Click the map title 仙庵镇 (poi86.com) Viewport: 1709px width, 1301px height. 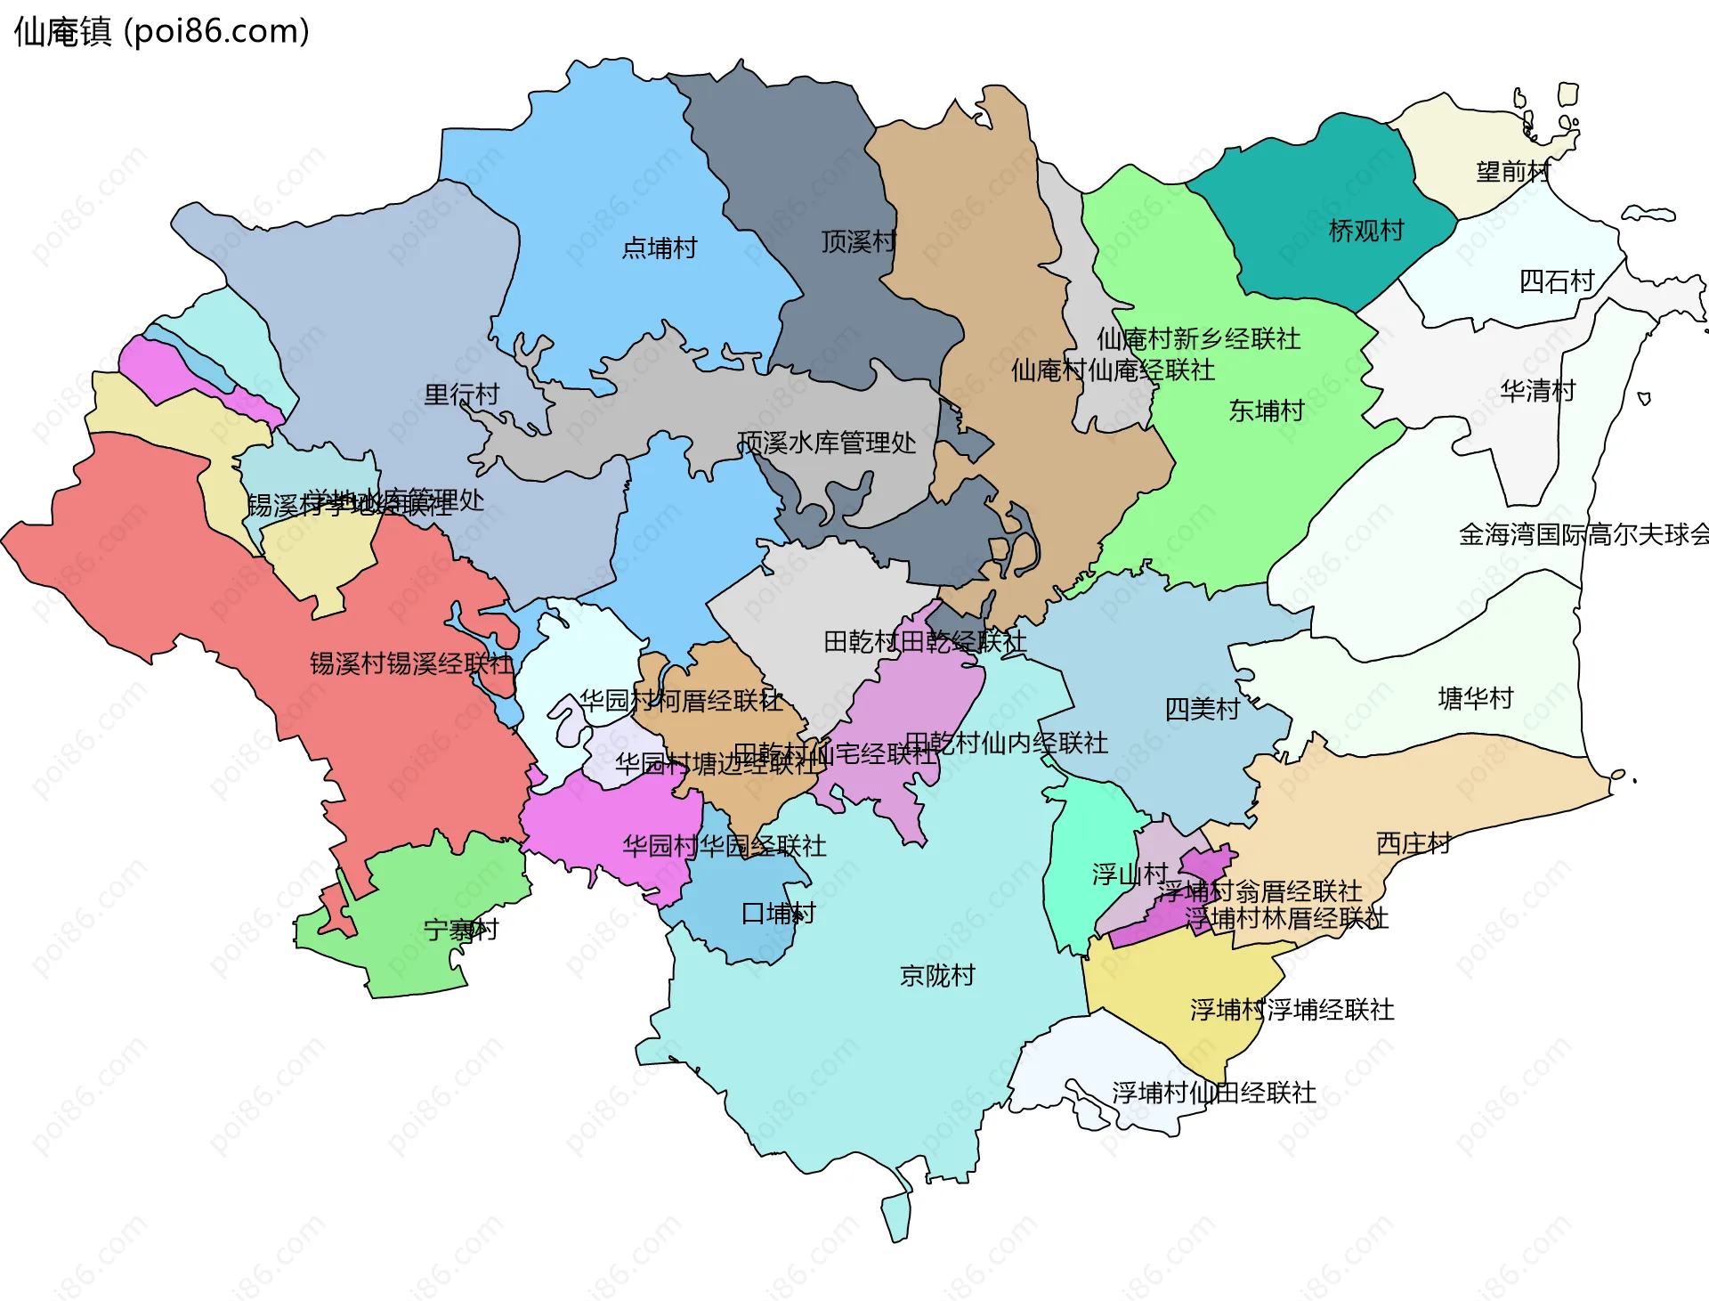161,31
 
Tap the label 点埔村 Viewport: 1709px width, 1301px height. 659,248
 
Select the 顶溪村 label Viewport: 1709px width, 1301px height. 857,241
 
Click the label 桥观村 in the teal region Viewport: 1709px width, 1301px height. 1365,231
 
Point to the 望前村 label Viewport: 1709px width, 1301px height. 1512,172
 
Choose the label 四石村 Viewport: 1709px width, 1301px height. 1556,281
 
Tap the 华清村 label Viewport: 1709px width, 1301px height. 1537,390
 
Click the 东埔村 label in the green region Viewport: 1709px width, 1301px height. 1266,411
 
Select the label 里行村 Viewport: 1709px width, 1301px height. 461,394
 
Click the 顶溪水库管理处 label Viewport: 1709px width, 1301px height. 826,443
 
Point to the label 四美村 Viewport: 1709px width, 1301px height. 1202,710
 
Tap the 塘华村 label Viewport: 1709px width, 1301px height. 1475,698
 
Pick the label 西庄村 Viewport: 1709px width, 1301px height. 1413,843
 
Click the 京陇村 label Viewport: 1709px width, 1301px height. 936,975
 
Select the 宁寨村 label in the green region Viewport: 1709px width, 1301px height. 460,931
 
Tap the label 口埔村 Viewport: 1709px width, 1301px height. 778,913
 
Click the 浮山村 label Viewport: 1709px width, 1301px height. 1130,874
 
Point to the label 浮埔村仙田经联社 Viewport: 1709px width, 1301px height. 1213,1093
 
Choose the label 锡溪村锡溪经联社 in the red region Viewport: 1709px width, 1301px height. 411,663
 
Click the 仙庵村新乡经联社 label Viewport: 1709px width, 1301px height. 1198,338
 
